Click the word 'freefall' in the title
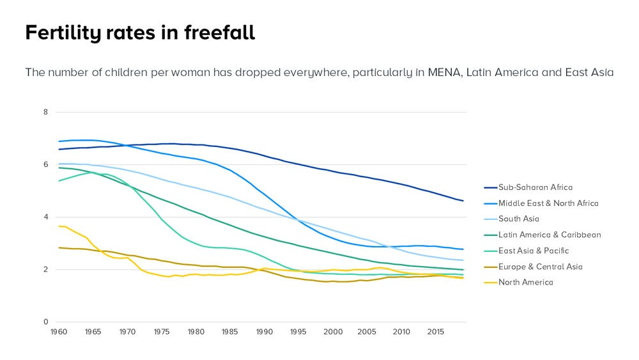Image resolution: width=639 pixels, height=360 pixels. tap(220, 33)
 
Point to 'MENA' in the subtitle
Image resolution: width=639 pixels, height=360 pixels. tap(444, 72)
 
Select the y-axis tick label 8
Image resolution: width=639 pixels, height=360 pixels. tap(45, 112)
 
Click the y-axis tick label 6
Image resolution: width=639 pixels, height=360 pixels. tap(45, 164)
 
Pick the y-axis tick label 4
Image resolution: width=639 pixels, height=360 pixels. tap(45, 217)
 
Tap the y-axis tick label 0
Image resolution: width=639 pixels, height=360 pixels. tap(45, 322)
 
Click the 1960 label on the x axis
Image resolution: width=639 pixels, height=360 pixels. tap(58, 332)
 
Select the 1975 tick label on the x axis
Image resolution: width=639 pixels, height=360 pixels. tap(162, 332)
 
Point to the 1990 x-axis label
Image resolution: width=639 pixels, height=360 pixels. tap(265, 332)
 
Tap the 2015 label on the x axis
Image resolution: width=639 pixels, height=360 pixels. tap(436, 332)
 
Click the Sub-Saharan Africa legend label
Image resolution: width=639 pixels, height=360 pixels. tap(535, 187)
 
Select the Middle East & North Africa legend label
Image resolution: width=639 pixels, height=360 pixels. tap(548, 203)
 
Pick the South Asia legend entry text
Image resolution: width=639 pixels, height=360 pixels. tap(519, 219)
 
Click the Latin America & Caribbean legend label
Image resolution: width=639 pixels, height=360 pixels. tap(550, 235)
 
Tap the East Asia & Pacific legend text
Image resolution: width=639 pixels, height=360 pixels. tap(534, 251)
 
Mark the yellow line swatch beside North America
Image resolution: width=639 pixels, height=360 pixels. tap(490, 282)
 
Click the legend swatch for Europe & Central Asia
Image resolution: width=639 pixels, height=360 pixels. tap(490, 267)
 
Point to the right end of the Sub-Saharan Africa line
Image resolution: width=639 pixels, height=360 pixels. tap(463, 201)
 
